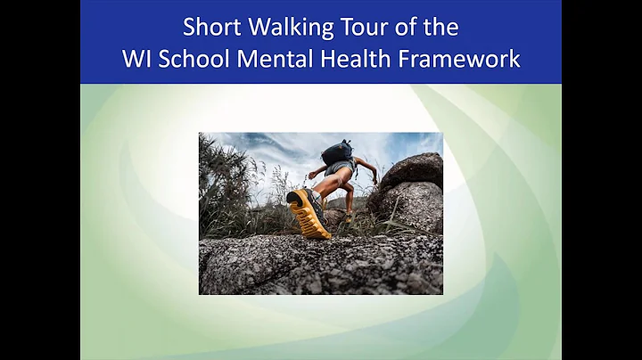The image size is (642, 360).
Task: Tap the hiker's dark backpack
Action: click(338, 151)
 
